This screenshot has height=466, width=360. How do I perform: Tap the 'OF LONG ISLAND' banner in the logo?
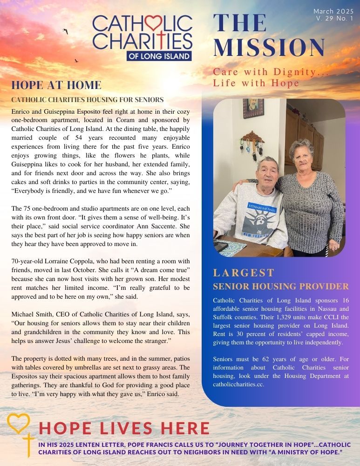pos(159,55)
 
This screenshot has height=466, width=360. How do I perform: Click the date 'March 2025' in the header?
pos(333,11)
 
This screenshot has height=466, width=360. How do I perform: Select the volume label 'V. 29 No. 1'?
pos(334,19)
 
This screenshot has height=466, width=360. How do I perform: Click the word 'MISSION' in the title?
pos(269,48)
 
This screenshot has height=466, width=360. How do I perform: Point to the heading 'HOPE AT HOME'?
pos(56,85)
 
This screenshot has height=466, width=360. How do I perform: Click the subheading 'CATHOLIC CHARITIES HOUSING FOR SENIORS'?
pos(87,100)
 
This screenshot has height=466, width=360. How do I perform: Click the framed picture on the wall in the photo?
pos(253,108)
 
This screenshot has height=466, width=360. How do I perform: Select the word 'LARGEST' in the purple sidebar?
pos(244,273)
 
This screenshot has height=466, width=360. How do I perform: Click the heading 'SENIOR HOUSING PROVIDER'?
pos(280,286)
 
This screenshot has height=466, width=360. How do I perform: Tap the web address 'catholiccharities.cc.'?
pos(242,385)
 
